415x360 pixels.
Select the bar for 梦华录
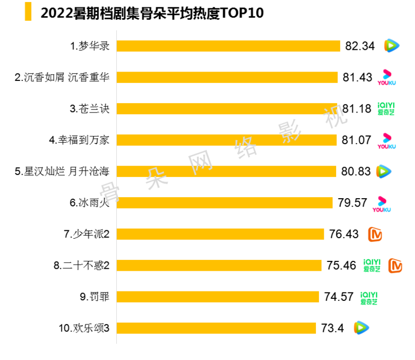(228, 46)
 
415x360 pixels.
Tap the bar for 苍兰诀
(227, 109)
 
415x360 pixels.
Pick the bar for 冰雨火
(224, 203)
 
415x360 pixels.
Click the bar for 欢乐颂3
(216, 328)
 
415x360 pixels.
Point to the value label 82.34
(360, 46)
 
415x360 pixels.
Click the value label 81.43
(357, 77)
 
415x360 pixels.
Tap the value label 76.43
(344, 234)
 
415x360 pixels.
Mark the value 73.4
(333, 328)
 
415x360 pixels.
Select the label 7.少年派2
(87, 234)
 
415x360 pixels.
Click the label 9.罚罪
(95, 297)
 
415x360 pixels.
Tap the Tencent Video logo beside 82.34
(392, 46)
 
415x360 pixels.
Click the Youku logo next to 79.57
(382, 203)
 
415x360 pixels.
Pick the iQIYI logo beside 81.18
(385, 109)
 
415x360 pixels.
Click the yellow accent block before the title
(28, 12)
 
